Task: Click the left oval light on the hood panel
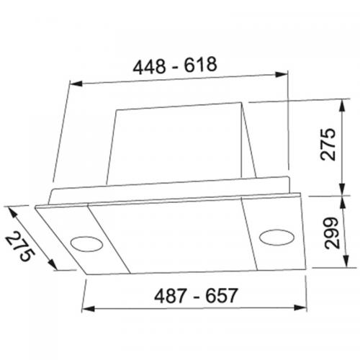point(86,243)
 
